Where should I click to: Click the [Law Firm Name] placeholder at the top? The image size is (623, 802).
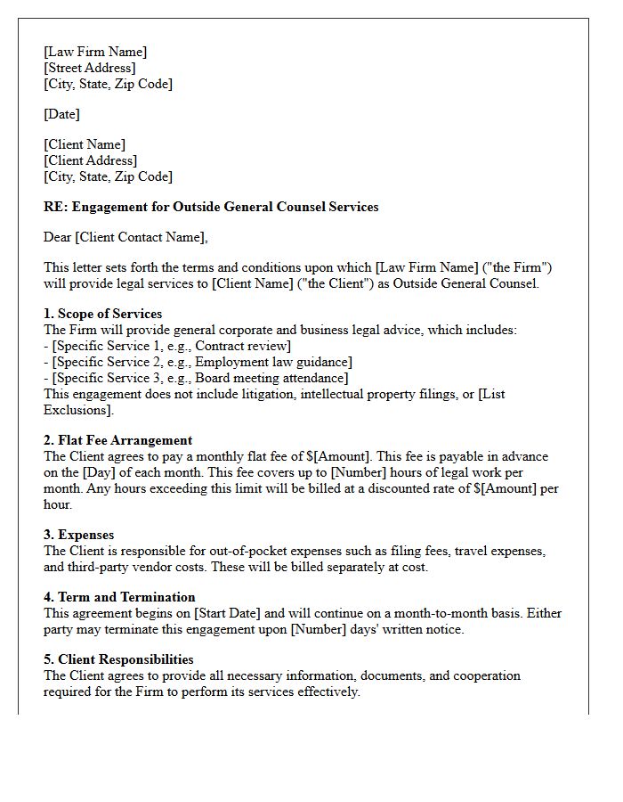(95, 52)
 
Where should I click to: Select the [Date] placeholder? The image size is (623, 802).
(61, 114)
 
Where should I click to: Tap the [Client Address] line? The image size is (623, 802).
(90, 160)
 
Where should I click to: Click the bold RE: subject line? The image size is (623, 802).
(211, 207)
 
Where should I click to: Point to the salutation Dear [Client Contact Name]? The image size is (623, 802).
(125, 237)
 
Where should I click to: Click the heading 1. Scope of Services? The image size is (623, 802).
(102, 314)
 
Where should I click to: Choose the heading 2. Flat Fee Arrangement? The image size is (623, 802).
(117, 440)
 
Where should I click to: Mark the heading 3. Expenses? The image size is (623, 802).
(78, 535)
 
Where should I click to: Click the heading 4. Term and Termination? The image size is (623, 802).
(119, 597)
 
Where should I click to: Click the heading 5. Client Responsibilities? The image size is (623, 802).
(118, 659)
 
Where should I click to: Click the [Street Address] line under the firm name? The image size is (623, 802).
(90, 68)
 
